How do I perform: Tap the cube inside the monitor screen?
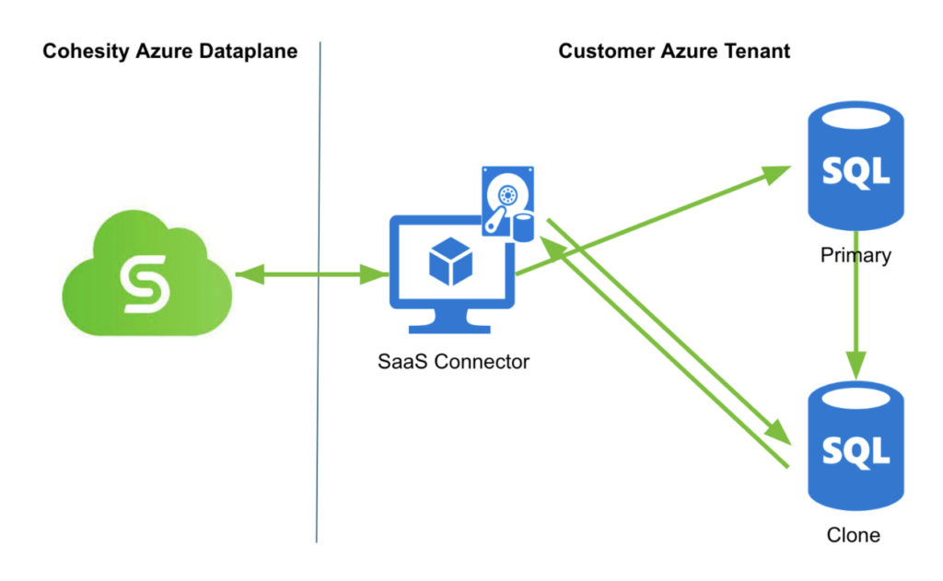451,261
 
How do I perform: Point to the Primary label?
856,254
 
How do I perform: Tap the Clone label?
853,535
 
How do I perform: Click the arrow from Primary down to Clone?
856,322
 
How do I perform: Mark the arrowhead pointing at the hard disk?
550,244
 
